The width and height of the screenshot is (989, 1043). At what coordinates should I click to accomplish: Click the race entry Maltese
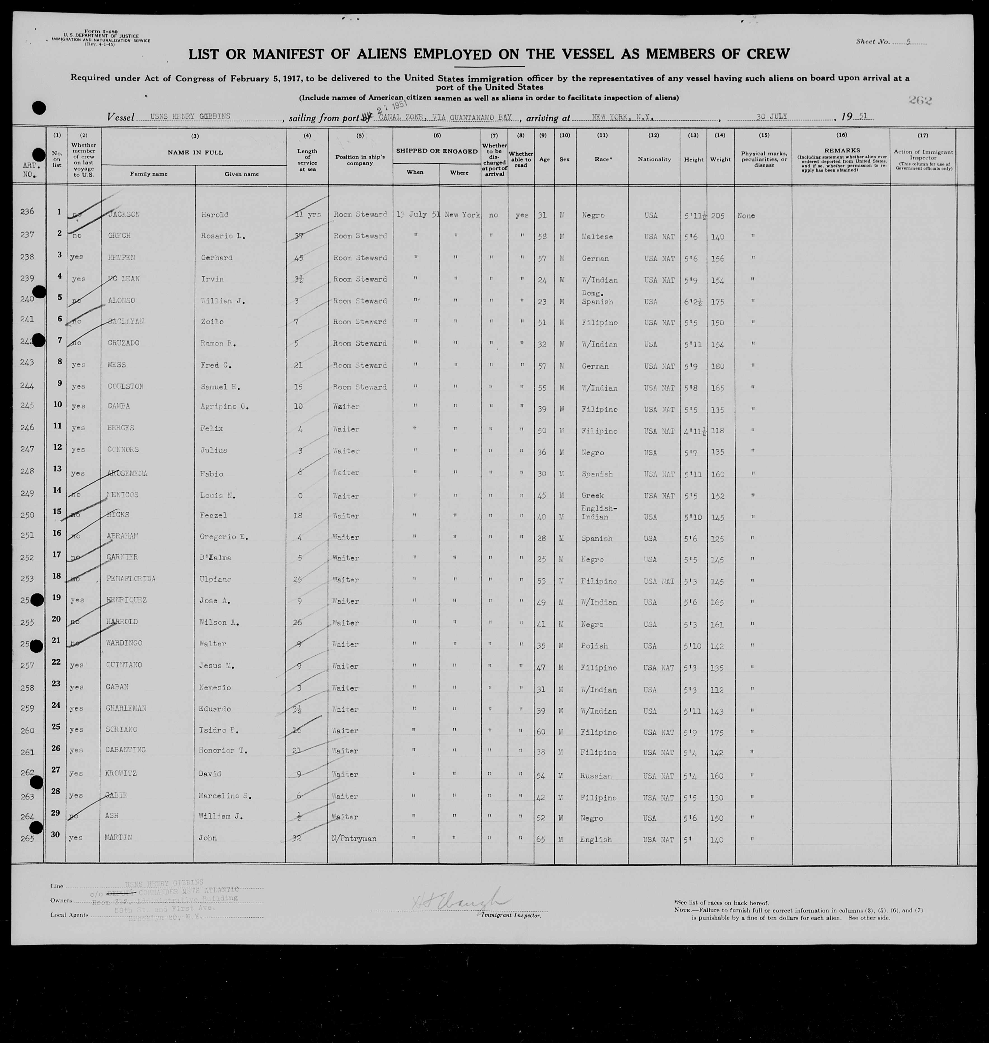coord(597,237)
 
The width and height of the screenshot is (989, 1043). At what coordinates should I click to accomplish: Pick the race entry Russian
coord(596,776)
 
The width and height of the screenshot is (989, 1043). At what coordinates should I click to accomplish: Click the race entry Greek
coord(592,496)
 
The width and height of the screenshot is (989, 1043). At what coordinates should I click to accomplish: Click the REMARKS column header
coord(842,150)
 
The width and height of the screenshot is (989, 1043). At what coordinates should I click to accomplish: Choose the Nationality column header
coord(654,159)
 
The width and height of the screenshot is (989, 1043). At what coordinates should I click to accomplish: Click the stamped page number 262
coord(920,100)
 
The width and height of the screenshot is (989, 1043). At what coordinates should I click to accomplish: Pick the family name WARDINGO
coord(125,643)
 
